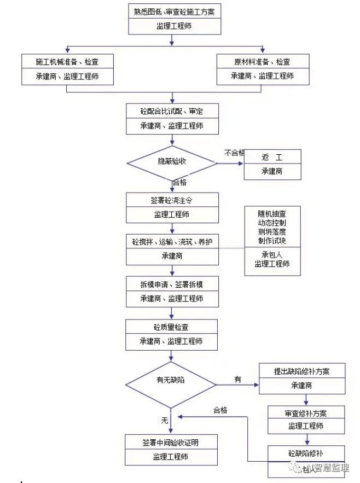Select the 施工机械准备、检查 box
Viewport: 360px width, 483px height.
(67, 62)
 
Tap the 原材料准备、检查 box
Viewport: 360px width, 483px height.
(262, 62)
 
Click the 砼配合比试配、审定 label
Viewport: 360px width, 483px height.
(172, 112)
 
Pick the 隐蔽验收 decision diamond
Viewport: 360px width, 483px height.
(172, 161)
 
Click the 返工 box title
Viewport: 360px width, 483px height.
(272, 158)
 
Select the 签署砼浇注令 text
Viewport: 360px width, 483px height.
(172, 200)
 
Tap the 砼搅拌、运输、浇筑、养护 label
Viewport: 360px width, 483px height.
(172, 242)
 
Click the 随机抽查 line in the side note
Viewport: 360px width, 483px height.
(272, 214)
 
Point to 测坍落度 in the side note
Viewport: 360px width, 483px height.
(272, 232)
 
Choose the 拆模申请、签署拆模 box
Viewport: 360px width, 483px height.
(172, 284)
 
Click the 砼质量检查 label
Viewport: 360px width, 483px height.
(172, 327)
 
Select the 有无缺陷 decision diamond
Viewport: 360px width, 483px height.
(171, 379)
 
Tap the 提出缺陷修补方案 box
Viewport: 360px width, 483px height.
(302, 371)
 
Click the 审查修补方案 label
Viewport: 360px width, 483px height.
(306, 412)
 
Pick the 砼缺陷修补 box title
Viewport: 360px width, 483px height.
(306, 453)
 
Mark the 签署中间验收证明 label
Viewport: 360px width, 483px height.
(172, 442)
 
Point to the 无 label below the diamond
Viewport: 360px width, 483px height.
(164, 420)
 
